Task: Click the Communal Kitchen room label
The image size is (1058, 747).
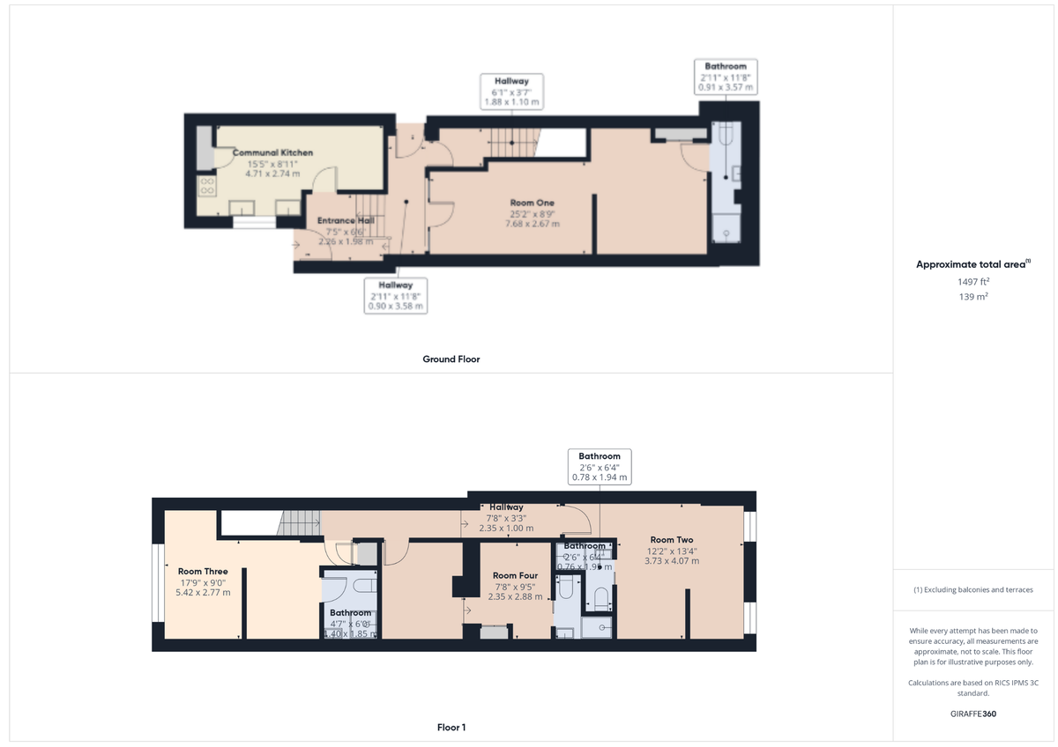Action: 272,152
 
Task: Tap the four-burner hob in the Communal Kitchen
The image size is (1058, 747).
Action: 209,186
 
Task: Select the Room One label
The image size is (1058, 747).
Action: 532,203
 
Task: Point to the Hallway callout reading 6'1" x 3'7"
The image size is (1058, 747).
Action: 511,92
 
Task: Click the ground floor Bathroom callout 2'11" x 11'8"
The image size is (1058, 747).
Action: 726,77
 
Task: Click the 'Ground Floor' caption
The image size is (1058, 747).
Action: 451,359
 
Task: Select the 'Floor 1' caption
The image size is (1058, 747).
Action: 451,728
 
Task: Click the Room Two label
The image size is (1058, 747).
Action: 672,540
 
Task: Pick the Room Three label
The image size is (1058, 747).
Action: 203,572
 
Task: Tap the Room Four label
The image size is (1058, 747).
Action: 516,576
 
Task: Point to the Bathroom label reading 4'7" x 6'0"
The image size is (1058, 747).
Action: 350,613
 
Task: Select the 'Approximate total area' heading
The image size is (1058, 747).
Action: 973,264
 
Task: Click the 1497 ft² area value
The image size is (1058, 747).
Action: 973,282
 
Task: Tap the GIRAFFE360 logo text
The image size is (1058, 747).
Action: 973,714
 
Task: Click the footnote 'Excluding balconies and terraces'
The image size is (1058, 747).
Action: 973,589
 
